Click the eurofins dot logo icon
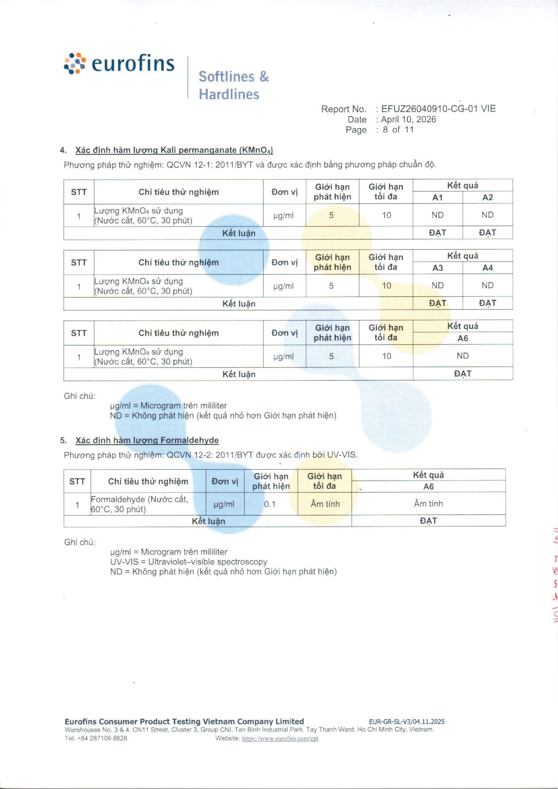click(x=75, y=63)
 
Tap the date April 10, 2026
click(x=409, y=119)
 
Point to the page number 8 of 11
click(x=398, y=130)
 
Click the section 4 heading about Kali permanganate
click(x=174, y=150)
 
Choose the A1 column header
click(x=437, y=197)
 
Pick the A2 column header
click(x=487, y=197)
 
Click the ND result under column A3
click(x=437, y=285)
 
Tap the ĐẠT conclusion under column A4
click(x=487, y=303)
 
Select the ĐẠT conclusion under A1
click(x=437, y=233)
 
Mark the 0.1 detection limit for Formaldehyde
click(x=270, y=504)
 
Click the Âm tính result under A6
click(x=428, y=504)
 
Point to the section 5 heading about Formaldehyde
click(x=147, y=440)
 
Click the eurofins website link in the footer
click(x=280, y=738)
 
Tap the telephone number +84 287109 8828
click(x=96, y=738)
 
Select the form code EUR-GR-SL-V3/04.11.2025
click(x=406, y=722)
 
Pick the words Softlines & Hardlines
click(x=233, y=85)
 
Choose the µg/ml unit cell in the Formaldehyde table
click(x=224, y=504)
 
